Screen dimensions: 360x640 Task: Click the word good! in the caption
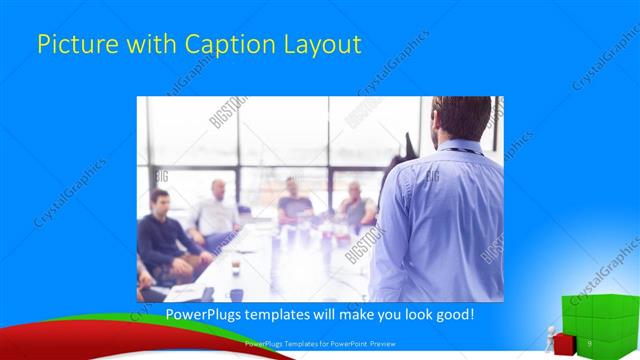click(454, 315)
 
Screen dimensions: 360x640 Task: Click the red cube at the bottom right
click(563, 343)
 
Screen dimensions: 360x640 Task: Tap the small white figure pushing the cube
click(549, 335)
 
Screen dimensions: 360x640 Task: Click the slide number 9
click(590, 343)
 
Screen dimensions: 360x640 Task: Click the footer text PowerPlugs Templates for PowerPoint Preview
click(315, 343)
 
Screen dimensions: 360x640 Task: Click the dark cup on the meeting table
click(235, 268)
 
